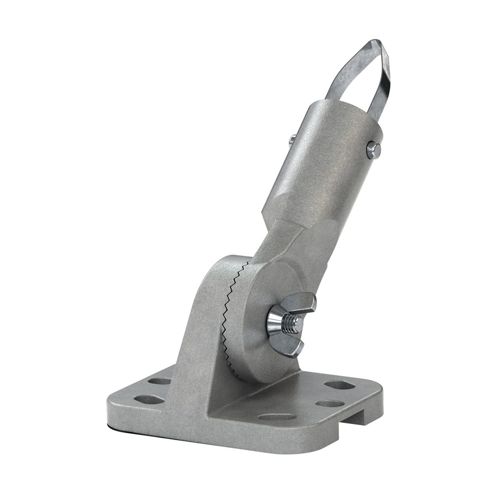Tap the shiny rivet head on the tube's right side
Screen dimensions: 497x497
373,149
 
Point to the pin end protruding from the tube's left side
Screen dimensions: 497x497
291,140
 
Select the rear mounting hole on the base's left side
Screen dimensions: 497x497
160,381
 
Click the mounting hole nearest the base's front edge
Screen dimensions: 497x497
276,417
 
